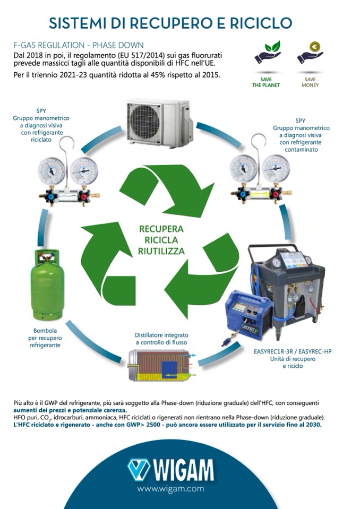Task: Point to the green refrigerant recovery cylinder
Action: point(47,286)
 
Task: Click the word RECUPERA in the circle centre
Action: point(161,229)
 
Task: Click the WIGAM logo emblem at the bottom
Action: point(139,470)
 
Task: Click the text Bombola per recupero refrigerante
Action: point(45,338)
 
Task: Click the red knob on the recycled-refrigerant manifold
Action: point(83,196)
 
